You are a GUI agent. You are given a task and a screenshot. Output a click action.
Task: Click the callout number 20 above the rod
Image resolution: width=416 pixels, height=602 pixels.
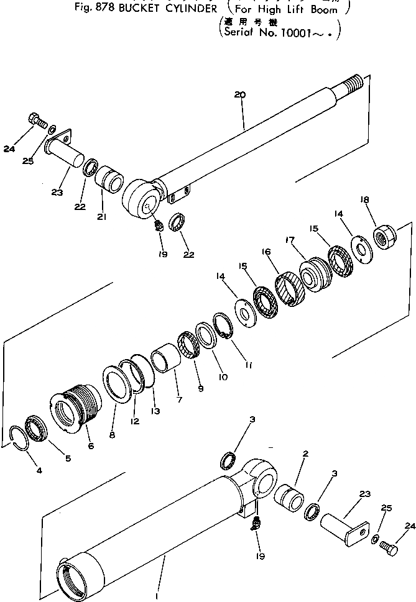[240, 95]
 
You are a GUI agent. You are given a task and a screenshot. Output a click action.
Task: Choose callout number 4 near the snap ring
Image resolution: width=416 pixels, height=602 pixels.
[39, 470]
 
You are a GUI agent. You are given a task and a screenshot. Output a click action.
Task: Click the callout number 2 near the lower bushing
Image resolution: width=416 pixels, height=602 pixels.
[305, 454]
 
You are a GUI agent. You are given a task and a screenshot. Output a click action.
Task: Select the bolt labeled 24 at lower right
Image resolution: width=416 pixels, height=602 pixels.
[387, 548]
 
